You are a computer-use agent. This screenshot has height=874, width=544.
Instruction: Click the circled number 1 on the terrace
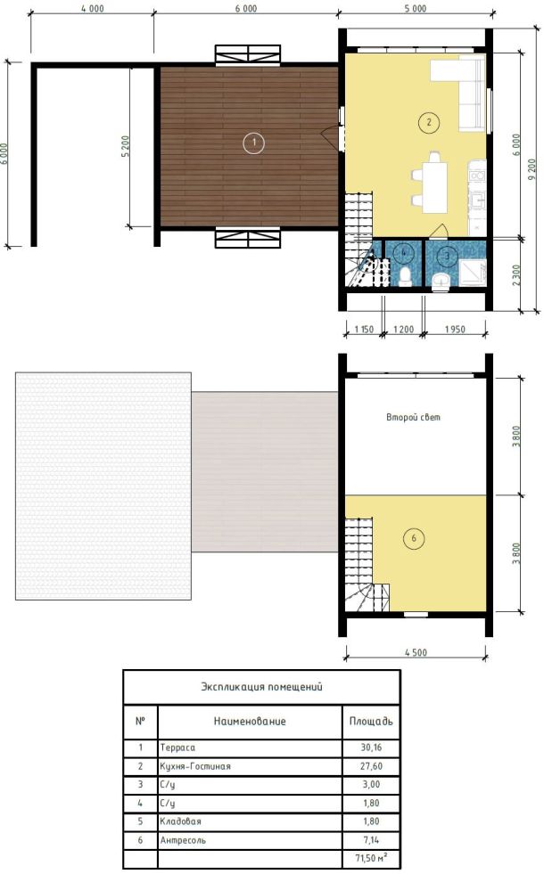(254, 143)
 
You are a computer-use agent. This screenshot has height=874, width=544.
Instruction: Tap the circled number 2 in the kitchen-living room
(428, 122)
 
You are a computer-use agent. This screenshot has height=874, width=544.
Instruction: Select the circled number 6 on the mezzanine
(414, 538)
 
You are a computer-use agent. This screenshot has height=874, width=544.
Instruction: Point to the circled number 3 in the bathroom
(447, 257)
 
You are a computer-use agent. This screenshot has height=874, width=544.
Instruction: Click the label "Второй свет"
(413, 417)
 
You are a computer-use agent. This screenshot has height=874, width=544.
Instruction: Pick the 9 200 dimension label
(532, 169)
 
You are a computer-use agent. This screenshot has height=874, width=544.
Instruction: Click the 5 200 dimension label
(125, 146)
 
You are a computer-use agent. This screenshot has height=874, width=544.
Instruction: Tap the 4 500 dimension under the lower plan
(416, 653)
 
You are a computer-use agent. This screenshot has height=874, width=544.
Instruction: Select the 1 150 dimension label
(364, 330)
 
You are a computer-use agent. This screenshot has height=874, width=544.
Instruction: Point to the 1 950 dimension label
(455, 330)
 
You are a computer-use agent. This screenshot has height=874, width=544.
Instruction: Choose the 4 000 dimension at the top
(92, 8)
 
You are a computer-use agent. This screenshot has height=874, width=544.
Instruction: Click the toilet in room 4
(406, 276)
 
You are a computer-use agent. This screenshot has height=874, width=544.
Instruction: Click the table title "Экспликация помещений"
(261, 687)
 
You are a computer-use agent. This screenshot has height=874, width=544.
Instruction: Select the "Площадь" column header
(371, 722)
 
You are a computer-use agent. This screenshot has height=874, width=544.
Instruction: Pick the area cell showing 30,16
(371, 747)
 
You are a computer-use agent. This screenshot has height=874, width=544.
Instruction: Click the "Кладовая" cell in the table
(180, 821)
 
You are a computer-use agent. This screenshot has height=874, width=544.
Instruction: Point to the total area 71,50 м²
(371, 858)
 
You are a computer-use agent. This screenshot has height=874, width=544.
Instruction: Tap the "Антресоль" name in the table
(183, 840)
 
